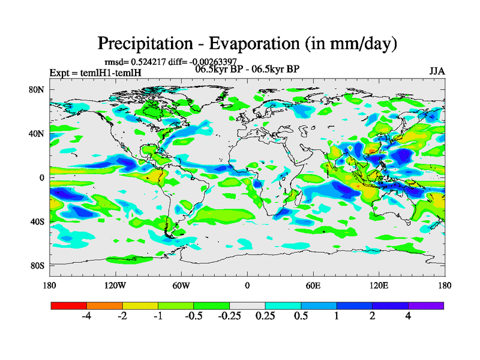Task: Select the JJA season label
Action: (x=437, y=71)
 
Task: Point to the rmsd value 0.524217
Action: (x=149, y=62)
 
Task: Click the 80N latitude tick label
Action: (x=37, y=89)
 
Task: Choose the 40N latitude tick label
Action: (x=37, y=133)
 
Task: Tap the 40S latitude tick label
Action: (x=37, y=221)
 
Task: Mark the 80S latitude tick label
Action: (x=37, y=265)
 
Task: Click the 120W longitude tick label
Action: (x=115, y=285)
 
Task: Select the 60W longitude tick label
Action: (x=181, y=285)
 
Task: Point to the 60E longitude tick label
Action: (x=313, y=285)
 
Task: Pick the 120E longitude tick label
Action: (x=379, y=285)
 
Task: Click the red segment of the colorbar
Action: (x=68, y=305)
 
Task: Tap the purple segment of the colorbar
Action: (x=426, y=305)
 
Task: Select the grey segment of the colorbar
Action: (x=247, y=305)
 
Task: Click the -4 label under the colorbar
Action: (x=86, y=316)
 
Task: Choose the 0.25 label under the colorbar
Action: (x=265, y=316)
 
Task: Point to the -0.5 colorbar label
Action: (x=194, y=316)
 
